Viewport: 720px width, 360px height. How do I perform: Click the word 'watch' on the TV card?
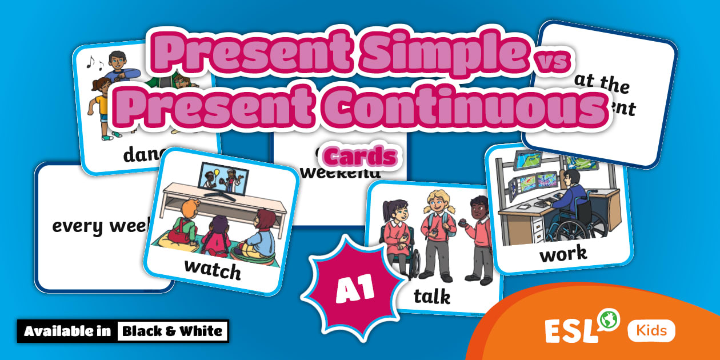coord(212,269)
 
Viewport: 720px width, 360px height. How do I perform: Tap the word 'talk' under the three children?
coord(431,296)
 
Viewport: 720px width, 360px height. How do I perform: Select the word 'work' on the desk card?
coord(563,253)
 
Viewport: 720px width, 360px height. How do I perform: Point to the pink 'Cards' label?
coord(360,156)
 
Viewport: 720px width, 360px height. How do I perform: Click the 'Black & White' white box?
coord(172,331)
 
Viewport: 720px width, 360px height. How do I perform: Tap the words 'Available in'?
coord(68,331)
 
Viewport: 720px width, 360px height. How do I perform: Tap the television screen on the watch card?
coord(223,177)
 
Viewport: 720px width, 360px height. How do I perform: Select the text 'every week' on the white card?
coord(101,225)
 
